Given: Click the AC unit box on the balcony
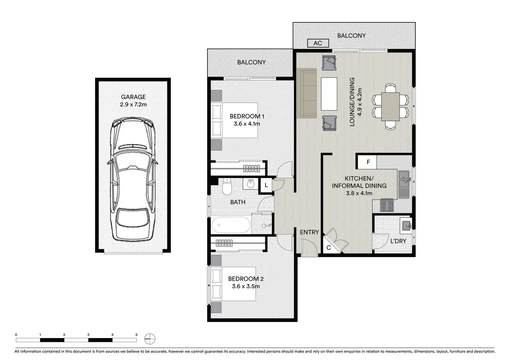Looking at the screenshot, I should pyautogui.click(x=318, y=43).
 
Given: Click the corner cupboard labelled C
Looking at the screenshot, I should pyautogui.click(x=328, y=248).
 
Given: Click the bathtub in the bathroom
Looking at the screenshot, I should pyautogui.click(x=231, y=225).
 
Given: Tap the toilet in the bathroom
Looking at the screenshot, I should pyautogui.click(x=227, y=187).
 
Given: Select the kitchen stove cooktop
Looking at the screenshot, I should pyautogui.click(x=387, y=205).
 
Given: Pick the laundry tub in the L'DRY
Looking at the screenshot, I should pyautogui.click(x=406, y=225).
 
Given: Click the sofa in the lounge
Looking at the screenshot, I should pyautogui.click(x=307, y=93).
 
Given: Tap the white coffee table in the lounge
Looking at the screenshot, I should pyautogui.click(x=329, y=94).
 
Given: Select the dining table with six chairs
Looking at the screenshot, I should pyautogui.click(x=390, y=107).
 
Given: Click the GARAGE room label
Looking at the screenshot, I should pyautogui.click(x=133, y=97).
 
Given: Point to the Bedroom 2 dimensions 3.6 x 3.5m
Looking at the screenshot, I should pyautogui.click(x=246, y=286).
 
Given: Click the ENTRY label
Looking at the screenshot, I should pyautogui.click(x=309, y=232).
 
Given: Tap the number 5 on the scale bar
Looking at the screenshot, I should pyautogui.click(x=136, y=335).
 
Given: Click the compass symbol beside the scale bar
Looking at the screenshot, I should pyautogui.click(x=150, y=339).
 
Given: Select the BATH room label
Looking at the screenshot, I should pyautogui.click(x=238, y=202).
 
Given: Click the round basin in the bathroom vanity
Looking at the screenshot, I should pyautogui.click(x=250, y=184).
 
